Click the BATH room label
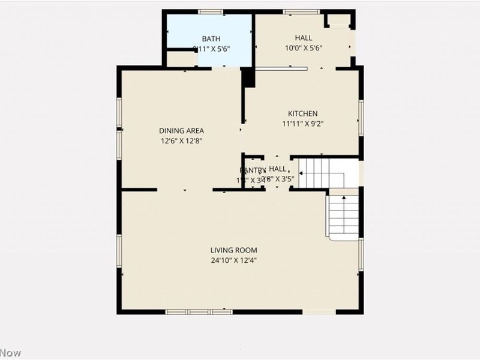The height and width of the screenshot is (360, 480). click(211, 38)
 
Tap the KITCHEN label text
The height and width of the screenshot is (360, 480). click(303, 113)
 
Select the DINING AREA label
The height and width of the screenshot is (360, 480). click(181, 131)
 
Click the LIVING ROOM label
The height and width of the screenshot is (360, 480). click(233, 250)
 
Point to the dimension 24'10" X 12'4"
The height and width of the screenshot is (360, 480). click(233, 260)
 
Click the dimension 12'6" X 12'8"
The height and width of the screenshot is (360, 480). click(181, 142)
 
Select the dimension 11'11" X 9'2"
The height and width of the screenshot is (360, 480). click(303, 124)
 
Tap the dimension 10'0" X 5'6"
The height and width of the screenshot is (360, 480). click(303, 49)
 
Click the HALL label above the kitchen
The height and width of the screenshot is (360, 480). click(303, 38)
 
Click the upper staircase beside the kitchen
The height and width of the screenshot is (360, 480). click(322, 173)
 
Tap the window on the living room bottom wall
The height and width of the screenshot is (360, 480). click(199, 312)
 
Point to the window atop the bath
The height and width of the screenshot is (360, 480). click(211, 11)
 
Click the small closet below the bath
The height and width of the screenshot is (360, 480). click(181, 59)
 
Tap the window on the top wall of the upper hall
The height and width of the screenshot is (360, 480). click(301, 11)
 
